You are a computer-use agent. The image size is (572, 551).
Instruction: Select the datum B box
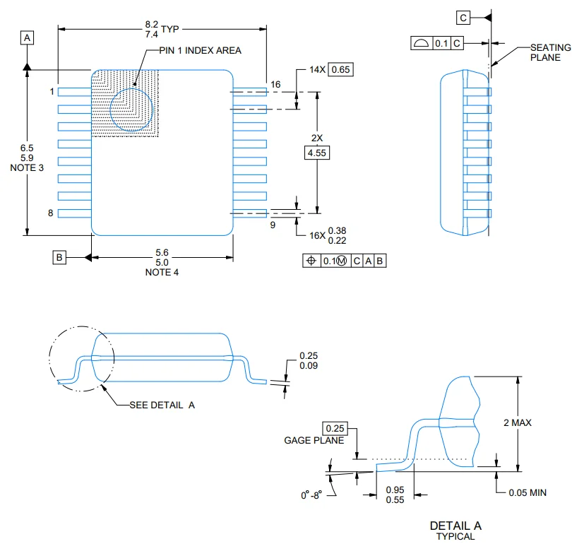(x=60, y=258)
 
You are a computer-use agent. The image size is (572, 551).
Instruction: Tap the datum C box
(x=463, y=17)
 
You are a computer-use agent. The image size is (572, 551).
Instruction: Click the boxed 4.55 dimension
(x=316, y=152)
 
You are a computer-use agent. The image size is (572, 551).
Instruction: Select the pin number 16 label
(x=275, y=84)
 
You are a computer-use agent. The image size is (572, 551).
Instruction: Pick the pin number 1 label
(x=52, y=92)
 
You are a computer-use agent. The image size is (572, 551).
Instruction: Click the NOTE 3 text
(x=27, y=168)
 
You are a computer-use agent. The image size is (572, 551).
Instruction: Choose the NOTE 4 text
(x=162, y=272)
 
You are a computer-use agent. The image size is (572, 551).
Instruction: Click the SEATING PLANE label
(x=550, y=52)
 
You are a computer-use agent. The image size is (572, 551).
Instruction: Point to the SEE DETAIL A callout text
(x=162, y=405)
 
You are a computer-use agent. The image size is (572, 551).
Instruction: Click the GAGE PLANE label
(x=314, y=440)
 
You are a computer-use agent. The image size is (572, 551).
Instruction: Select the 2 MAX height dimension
(x=518, y=422)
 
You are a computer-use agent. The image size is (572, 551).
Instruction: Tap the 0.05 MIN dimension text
(x=528, y=492)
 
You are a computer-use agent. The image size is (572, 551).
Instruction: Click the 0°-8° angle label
(x=311, y=495)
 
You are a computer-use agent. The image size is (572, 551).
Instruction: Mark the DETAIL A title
(x=455, y=526)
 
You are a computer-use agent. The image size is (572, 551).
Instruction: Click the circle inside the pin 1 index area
(x=132, y=110)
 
